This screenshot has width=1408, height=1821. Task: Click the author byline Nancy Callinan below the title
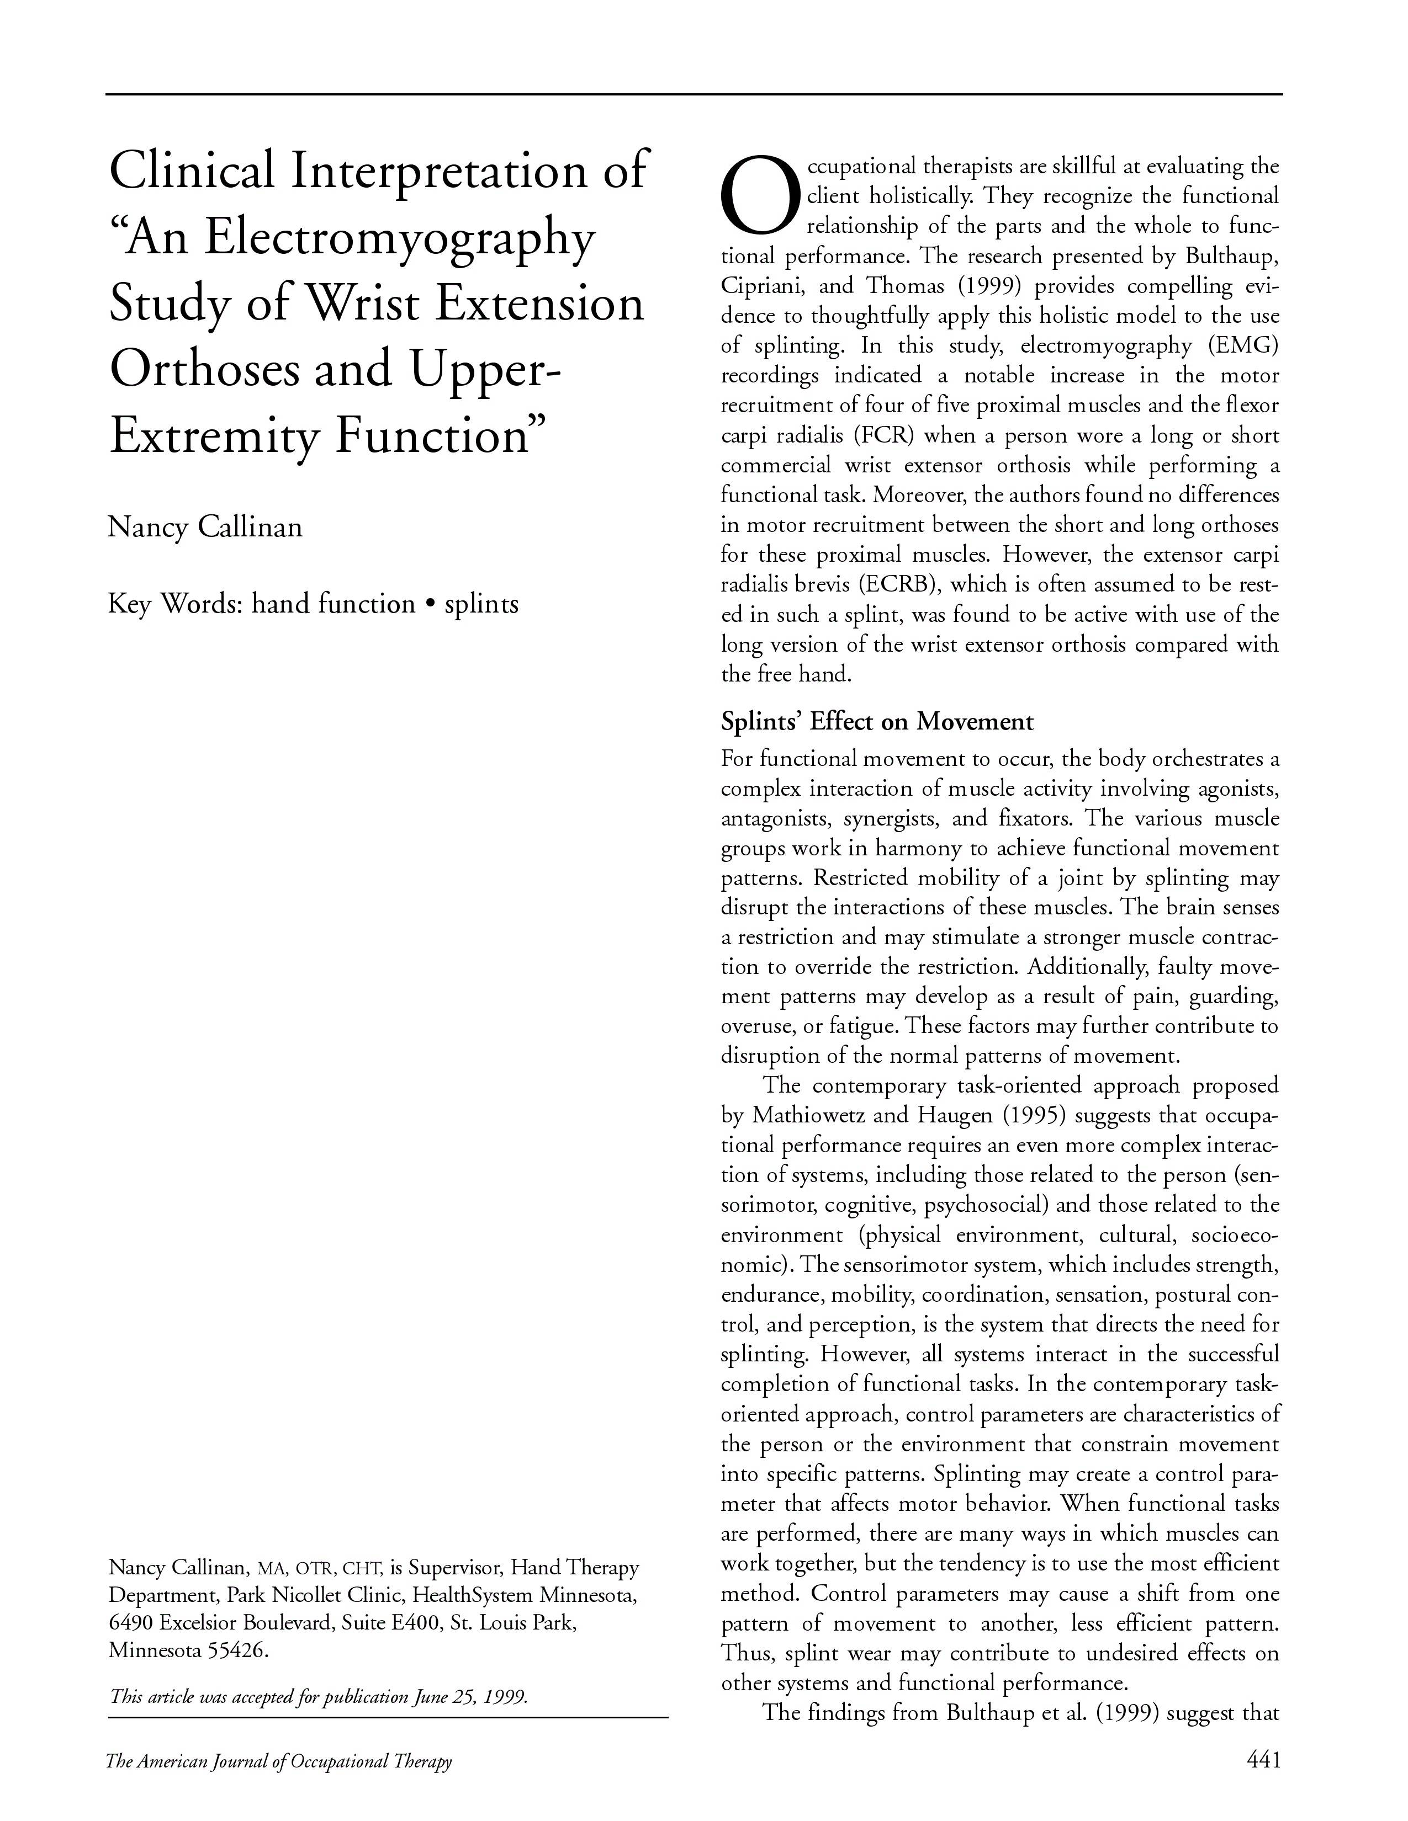click(205, 527)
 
